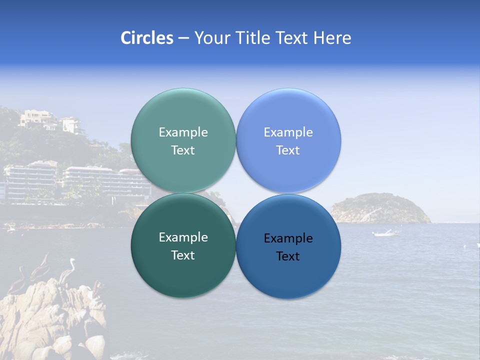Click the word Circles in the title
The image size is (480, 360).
pos(146,38)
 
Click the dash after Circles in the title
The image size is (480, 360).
pos(183,38)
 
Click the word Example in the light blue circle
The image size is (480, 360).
pos(288,132)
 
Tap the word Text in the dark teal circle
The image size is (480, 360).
pos(183,255)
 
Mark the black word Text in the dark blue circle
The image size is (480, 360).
pos(288,256)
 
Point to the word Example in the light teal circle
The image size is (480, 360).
pos(183,132)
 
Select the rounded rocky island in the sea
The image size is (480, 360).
pos(380,208)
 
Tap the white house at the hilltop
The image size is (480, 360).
pos(38,118)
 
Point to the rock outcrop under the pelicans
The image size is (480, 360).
pos(50,320)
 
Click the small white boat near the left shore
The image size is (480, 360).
pos(10,229)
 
